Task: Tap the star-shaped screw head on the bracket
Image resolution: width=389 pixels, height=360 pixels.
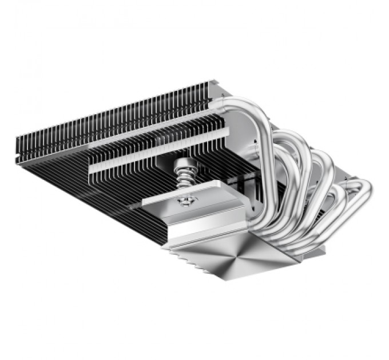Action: (x=185, y=201)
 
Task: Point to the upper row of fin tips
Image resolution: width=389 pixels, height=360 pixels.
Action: (x=114, y=114)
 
